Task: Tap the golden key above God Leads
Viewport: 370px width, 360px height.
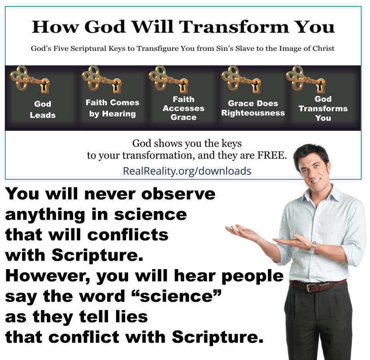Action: pos(30,79)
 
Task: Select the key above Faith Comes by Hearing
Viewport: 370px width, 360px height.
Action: pos(102,79)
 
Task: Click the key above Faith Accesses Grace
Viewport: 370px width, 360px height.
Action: pos(169,79)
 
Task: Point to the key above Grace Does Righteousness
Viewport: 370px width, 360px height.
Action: pos(241,79)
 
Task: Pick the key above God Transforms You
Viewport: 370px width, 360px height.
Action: pos(306,79)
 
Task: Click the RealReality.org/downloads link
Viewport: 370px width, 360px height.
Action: pos(187,171)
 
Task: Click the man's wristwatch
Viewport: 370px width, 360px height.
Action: pos(312,247)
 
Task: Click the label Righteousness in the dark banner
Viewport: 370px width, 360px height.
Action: pos(253,113)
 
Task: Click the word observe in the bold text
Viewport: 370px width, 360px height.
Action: pos(179,194)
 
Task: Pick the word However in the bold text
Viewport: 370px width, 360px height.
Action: pos(48,276)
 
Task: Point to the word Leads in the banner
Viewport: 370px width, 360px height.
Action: pos(43,115)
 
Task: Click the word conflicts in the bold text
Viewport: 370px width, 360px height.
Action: pos(128,235)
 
